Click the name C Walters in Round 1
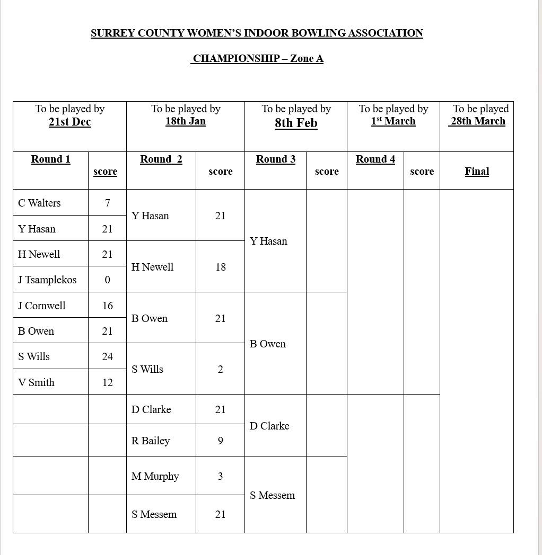click(x=39, y=203)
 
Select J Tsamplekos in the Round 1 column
click(x=47, y=280)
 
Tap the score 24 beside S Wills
click(x=107, y=356)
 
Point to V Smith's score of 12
click(x=107, y=382)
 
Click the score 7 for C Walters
click(x=107, y=203)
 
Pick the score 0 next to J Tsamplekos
click(x=107, y=280)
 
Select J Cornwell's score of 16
click(x=107, y=306)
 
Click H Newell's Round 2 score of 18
click(x=221, y=267)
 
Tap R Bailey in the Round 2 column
click(x=151, y=441)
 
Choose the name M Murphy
click(x=155, y=476)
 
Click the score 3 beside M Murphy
click(x=221, y=476)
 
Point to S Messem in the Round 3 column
click(x=272, y=495)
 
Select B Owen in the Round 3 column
click(x=268, y=344)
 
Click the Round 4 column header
click(x=375, y=159)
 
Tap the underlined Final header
click(x=477, y=171)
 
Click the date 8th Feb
click(x=296, y=123)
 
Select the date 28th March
click(x=477, y=121)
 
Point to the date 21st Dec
click(x=69, y=122)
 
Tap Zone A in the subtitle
click(x=307, y=58)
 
